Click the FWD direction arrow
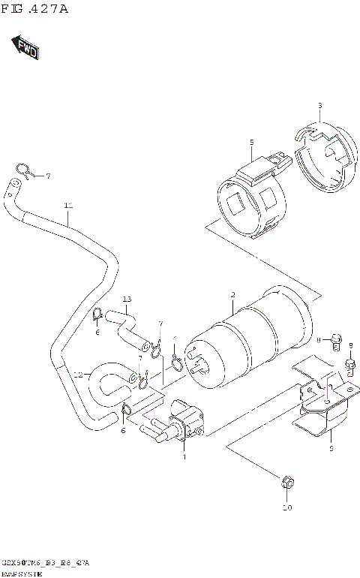pyautogui.click(x=25, y=47)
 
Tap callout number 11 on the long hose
pyautogui.click(x=68, y=205)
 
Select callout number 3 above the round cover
pyautogui.click(x=319, y=105)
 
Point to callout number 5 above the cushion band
pyautogui.click(x=252, y=142)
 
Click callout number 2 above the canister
pyautogui.click(x=233, y=294)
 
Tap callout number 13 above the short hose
pyautogui.click(x=127, y=300)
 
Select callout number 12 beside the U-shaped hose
pyautogui.click(x=78, y=373)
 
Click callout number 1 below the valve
pyautogui.click(x=184, y=456)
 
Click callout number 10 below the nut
pyautogui.click(x=286, y=507)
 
